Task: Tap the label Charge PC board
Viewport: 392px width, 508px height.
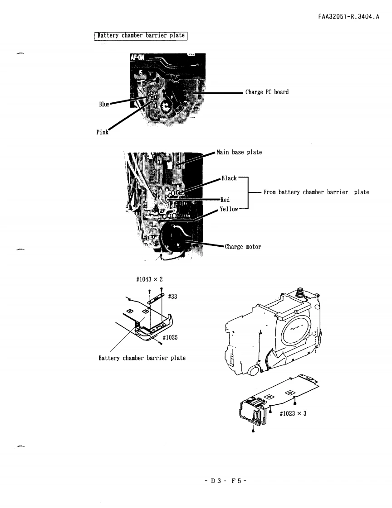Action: (267, 92)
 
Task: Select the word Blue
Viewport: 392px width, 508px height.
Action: (104, 104)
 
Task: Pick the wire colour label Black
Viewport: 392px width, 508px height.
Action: (229, 178)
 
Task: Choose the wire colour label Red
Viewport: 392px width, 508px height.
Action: (225, 200)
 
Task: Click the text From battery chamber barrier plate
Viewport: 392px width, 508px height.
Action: (316, 192)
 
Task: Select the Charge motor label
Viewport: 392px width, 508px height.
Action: (243, 247)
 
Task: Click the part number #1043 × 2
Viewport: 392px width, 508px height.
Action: (150, 279)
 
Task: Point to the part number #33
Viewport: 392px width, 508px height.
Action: (172, 296)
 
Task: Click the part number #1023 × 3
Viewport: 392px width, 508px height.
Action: (293, 413)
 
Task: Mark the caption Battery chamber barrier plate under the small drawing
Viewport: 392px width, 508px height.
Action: (142, 358)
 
